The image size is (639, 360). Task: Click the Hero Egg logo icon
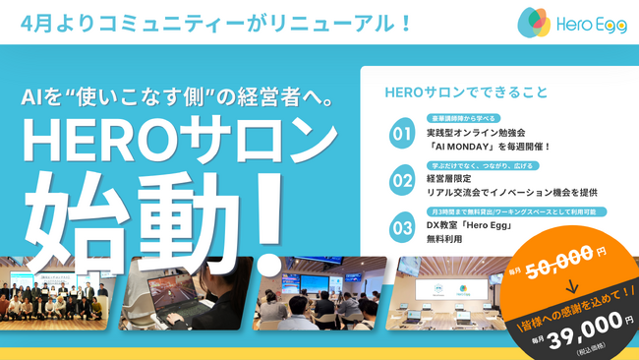tap(535, 22)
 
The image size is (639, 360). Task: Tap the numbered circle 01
tap(401, 131)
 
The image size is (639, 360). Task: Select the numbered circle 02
tap(401, 181)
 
